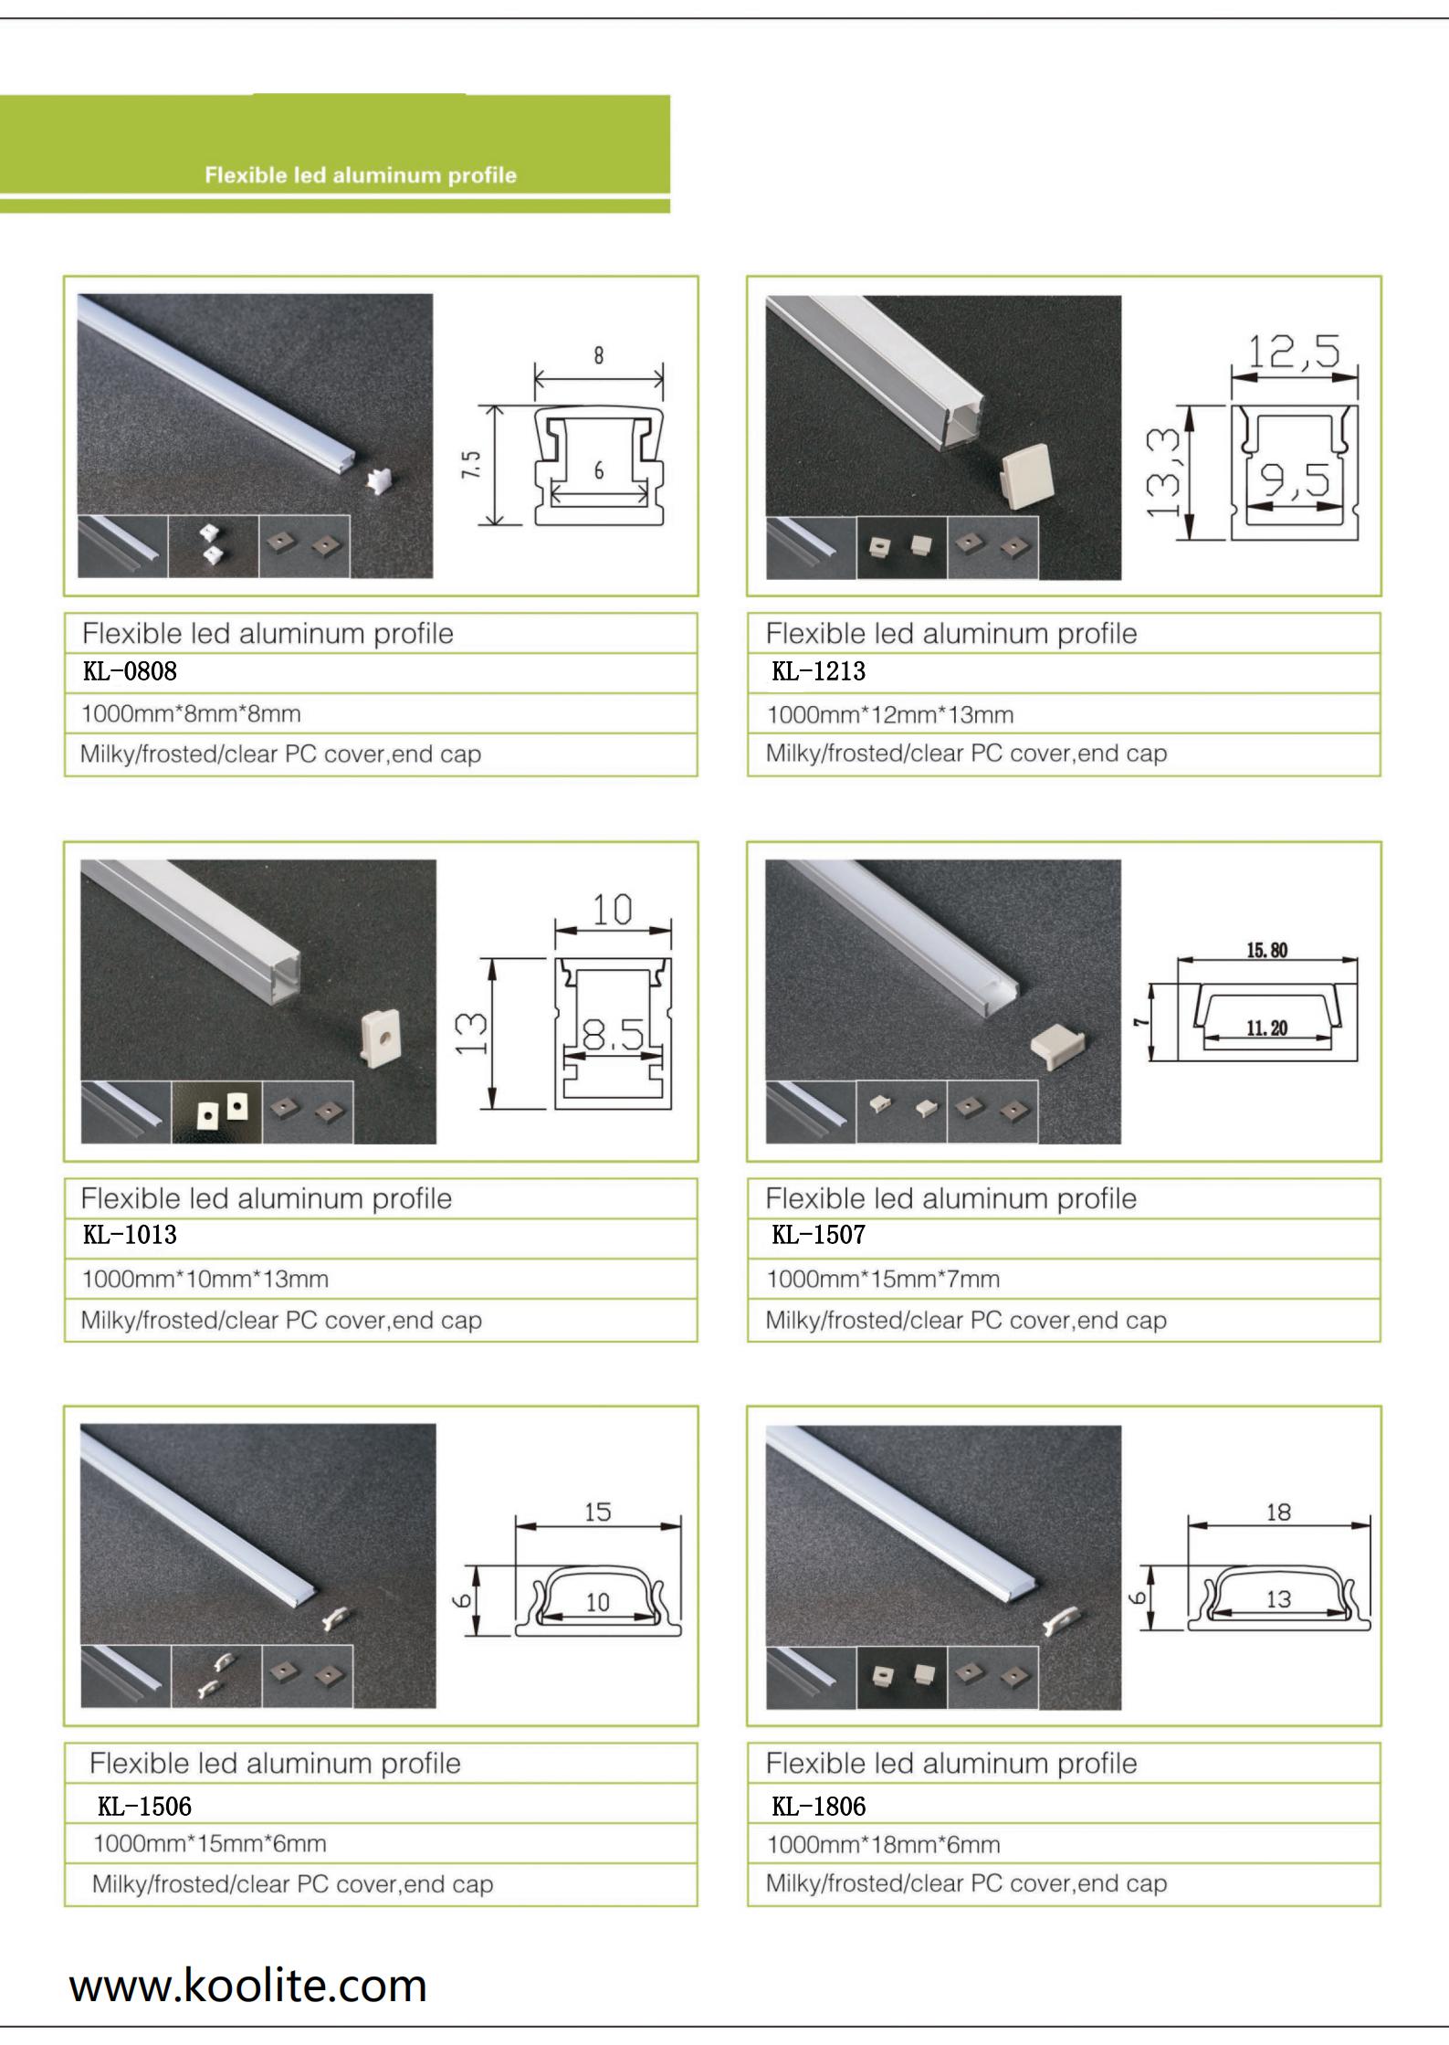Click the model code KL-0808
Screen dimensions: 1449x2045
click(x=130, y=671)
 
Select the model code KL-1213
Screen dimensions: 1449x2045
click(x=818, y=671)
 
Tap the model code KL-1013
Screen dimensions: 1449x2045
click(x=130, y=1235)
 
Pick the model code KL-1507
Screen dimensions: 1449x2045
click(x=818, y=1235)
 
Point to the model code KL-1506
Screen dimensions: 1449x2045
click(x=144, y=1806)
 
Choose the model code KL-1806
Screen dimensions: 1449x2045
click(x=818, y=1806)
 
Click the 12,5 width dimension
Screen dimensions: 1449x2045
click(x=1294, y=352)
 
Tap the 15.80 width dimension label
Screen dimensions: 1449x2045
click(x=1267, y=951)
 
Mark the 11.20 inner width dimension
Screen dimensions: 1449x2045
click(x=1267, y=1028)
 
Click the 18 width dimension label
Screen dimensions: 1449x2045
click(x=1278, y=1513)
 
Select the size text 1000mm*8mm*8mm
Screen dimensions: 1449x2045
click(x=191, y=713)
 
